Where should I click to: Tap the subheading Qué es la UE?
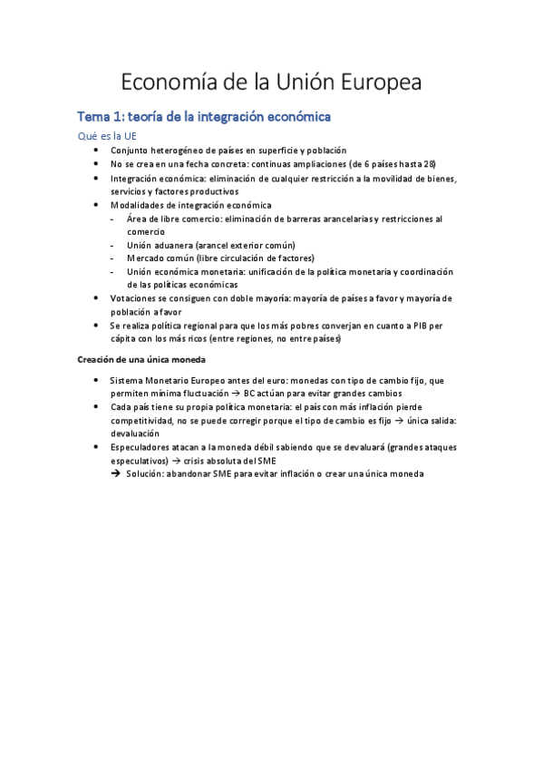[106, 135]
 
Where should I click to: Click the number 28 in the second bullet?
[430, 164]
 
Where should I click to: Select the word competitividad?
[144, 421]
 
